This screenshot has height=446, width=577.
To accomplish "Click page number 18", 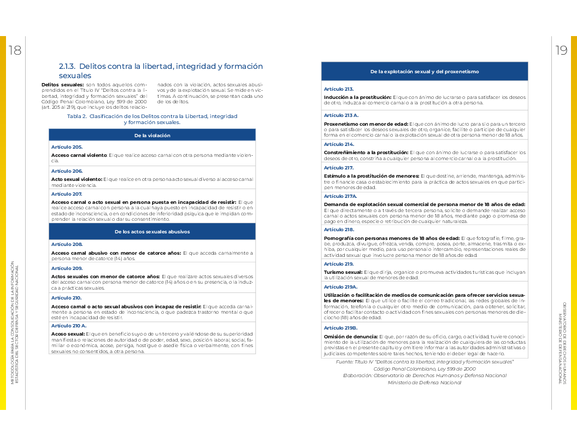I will tap(14, 51).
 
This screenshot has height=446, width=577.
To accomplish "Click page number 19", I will tap(561, 51).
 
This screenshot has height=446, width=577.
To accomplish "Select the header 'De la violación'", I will tap(152, 135).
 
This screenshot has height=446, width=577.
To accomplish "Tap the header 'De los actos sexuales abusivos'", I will tap(152, 232).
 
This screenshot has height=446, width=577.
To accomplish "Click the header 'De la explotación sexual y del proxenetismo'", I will tap(425, 72).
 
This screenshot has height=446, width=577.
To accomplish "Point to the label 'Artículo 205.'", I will tap(67, 147).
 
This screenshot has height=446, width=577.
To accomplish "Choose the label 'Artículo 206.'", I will tap(67, 171).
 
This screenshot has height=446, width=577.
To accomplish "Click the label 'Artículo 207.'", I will tap(67, 194).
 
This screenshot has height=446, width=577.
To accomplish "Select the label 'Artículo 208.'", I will tap(67, 244).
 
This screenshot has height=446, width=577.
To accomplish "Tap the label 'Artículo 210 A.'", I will tap(69, 325).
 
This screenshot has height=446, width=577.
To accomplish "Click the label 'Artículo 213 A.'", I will tap(341, 115).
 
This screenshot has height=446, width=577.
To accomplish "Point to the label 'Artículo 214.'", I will tap(339, 144).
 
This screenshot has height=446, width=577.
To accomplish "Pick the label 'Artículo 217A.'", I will tap(340, 196).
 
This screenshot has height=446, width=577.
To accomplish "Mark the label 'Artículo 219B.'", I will tap(340, 328).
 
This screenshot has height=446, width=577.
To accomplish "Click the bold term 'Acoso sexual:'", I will tap(68, 333).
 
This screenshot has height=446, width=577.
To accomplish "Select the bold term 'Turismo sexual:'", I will tap(343, 272).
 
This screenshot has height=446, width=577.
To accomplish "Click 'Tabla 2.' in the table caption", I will tap(77, 116).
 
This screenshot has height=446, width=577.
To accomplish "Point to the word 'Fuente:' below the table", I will tap(345, 362).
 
